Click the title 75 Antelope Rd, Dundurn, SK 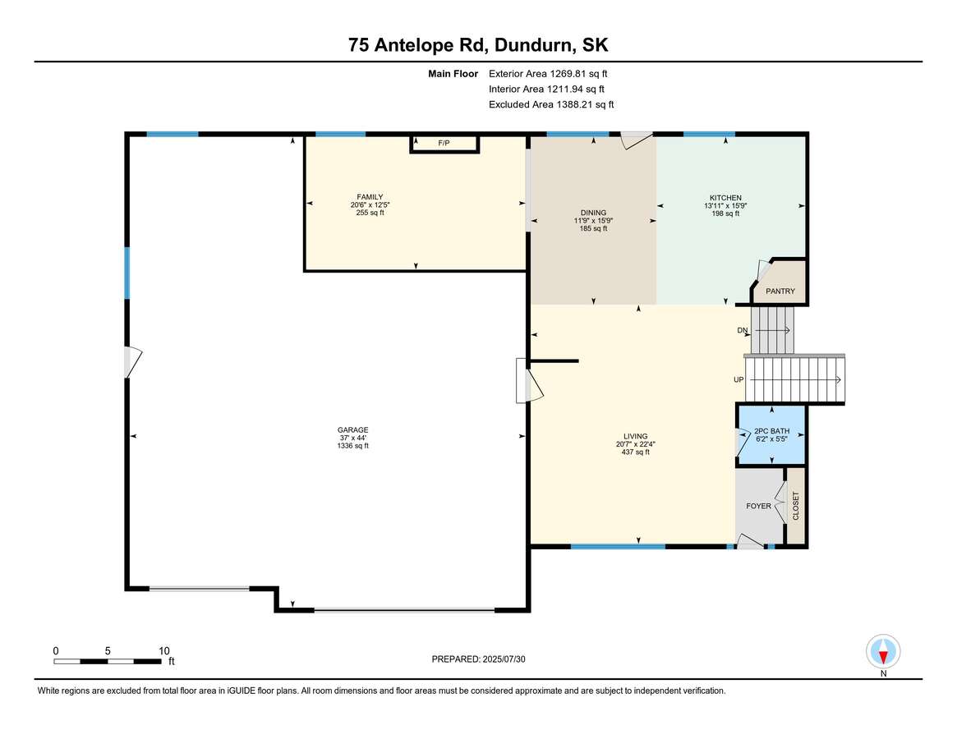pyautogui.click(x=478, y=45)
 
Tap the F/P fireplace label pyautogui.click(x=444, y=144)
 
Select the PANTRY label pyautogui.click(x=780, y=291)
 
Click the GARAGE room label pyautogui.click(x=352, y=429)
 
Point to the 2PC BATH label pyautogui.click(x=771, y=431)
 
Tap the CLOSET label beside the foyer pyautogui.click(x=796, y=506)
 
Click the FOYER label pyautogui.click(x=759, y=506)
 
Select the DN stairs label pyautogui.click(x=742, y=330)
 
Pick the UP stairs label pyautogui.click(x=738, y=379)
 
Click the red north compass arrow pyautogui.click(x=883, y=657)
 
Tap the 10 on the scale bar pyautogui.click(x=164, y=651)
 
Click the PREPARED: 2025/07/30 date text pyautogui.click(x=478, y=659)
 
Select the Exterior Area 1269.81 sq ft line pyautogui.click(x=548, y=74)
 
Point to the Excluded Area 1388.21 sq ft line pyautogui.click(x=551, y=104)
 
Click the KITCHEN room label pyautogui.click(x=725, y=198)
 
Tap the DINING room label pyautogui.click(x=593, y=213)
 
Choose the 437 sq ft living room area pyautogui.click(x=635, y=452)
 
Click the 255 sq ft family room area pyautogui.click(x=370, y=213)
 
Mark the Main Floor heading pyautogui.click(x=453, y=74)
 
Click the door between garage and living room pyautogui.click(x=528, y=381)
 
